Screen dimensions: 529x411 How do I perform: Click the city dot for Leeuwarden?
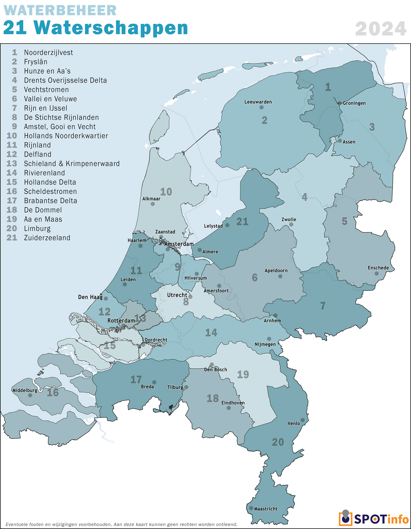coord(261,107)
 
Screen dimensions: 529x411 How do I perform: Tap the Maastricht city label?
coord(266,509)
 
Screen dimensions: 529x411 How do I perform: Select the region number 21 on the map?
coord(242,222)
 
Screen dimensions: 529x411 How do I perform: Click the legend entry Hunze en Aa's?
coord(47,71)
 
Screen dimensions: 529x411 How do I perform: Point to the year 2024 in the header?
coord(381,29)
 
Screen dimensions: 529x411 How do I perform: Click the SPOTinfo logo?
coord(374,519)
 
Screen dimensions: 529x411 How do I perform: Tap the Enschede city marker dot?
coord(376,274)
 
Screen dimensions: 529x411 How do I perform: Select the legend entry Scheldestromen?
coord(50,191)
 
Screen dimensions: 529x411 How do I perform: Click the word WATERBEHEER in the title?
coord(60,11)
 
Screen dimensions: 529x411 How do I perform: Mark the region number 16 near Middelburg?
coord(53,392)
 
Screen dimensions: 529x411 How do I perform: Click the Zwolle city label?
coord(289,219)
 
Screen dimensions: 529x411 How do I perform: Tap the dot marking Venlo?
coord(302,420)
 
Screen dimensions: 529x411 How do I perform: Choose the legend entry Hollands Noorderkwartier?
coord(66,136)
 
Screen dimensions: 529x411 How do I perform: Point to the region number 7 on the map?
coord(323,306)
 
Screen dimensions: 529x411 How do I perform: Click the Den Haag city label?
coord(90,297)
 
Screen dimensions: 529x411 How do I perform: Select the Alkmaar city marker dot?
coord(153,204)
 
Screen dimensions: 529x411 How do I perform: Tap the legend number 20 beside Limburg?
coord(12,228)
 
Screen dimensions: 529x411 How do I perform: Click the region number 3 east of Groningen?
coord(372,127)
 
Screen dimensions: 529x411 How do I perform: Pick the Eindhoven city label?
coord(233,403)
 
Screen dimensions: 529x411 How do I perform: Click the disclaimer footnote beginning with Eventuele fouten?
coord(121,524)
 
